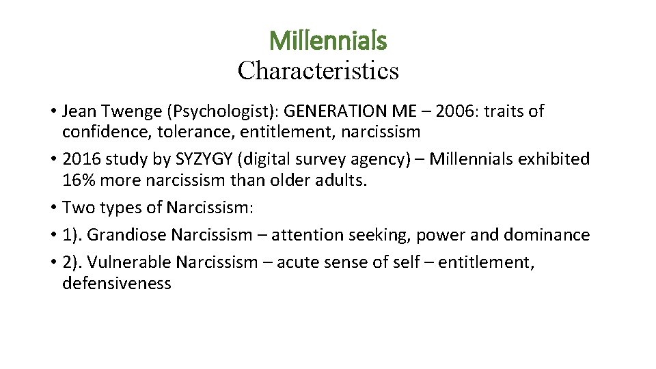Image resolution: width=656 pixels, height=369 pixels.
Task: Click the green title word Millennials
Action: point(328,41)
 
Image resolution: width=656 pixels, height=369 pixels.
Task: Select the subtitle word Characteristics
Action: point(318,70)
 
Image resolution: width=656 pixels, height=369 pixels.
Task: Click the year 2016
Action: point(81,160)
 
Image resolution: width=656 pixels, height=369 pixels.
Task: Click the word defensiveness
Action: point(117,282)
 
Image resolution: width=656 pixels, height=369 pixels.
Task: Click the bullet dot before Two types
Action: point(52,208)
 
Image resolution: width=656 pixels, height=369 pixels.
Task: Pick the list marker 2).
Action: point(72,263)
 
